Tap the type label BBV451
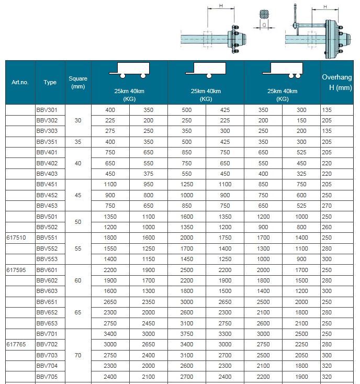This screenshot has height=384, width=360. tap(47, 184)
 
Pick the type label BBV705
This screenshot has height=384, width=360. tap(47, 377)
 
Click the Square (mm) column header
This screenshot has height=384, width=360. tap(78, 83)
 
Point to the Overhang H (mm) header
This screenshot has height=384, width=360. tap(336, 83)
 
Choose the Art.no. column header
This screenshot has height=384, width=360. tap(20, 83)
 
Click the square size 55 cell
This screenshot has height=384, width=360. tap(78, 249)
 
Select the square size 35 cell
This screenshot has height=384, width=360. tap(78, 141)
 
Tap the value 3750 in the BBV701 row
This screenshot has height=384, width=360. tap(187, 334)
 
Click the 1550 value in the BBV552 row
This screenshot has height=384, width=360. tap(110, 249)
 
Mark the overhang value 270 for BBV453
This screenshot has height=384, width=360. tap(327, 206)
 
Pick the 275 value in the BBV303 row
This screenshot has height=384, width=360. tap(110, 131)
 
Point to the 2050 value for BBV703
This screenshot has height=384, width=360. tap(301, 355)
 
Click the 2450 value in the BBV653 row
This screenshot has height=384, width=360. tap(148, 323)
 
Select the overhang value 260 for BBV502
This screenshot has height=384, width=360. tap(327, 227)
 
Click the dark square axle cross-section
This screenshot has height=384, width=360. tap(264, 15)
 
